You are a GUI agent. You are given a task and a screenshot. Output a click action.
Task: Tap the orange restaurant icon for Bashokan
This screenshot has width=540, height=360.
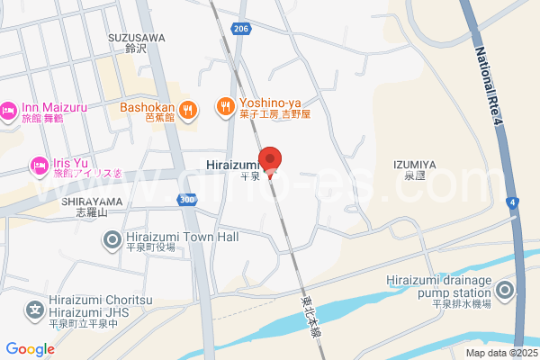pyautogui.click(x=187, y=109)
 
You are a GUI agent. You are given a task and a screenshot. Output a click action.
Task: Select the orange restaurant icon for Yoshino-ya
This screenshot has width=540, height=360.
pyautogui.click(x=225, y=108)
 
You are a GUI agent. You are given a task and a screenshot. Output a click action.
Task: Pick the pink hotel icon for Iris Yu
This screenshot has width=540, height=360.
pyautogui.click(x=39, y=165)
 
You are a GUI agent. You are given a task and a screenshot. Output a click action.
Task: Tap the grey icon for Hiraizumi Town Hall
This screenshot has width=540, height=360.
pyautogui.click(x=112, y=239)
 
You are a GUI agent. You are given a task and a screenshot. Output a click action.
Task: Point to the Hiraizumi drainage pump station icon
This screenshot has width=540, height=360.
pyautogui.click(x=506, y=290)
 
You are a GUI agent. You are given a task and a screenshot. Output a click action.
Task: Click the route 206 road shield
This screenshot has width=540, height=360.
pyautogui.click(x=239, y=30)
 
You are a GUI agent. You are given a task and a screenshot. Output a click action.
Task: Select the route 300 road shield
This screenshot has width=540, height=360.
pyautogui.click(x=186, y=200)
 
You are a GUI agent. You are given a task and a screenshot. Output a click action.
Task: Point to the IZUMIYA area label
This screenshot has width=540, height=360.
pyautogui.click(x=414, y=164)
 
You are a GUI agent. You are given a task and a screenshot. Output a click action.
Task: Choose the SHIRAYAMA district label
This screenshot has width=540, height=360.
pyautogui.click(x=92, y=202)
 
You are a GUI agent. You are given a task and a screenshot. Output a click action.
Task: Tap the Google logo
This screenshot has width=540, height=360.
pyautogui.click(x=30, y=349)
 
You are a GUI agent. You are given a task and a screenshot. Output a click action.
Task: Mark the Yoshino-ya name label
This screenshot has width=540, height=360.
pyautogui.click(x=268, y=103)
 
